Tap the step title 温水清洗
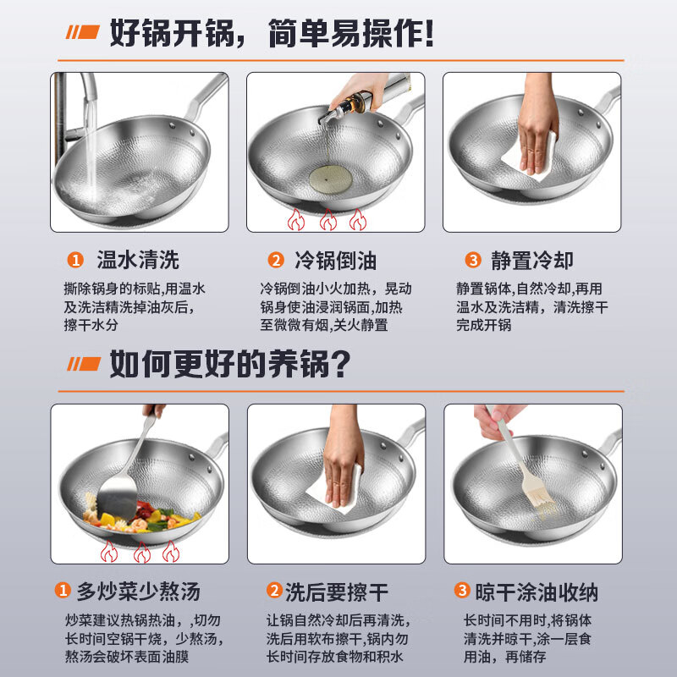(137, 260)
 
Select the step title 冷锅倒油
(334, 260)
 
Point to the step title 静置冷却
(531, 260)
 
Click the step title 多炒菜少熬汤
(140, 590)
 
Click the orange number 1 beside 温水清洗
(76, 260)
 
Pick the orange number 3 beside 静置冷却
(473, 260)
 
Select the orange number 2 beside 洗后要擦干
(274, 590)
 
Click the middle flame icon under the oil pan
(326, 220)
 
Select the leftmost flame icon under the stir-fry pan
(108, 553)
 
